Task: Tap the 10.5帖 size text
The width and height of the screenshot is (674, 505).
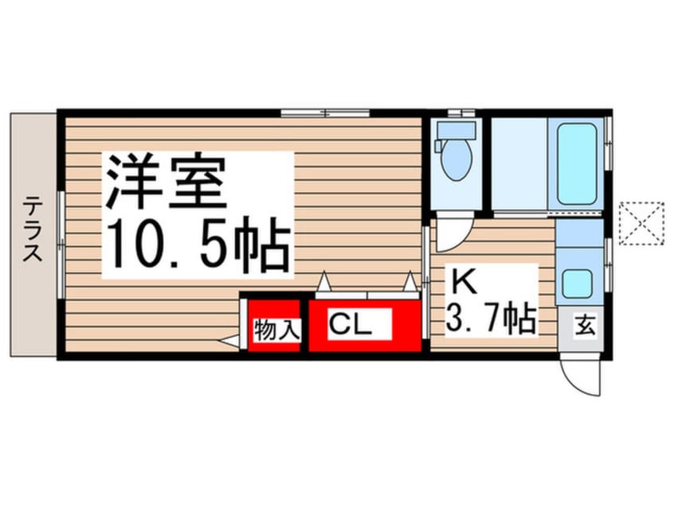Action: [195, 245]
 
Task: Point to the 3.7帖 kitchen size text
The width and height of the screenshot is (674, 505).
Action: [491, 319]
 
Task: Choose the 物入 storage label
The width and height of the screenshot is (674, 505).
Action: [276, 330]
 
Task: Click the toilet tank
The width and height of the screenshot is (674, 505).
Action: [457, 129]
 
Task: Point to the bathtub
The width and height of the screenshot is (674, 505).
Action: [577, 163]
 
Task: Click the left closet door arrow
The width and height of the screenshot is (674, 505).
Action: [323, 282]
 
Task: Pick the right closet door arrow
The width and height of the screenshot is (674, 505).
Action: [410, 282]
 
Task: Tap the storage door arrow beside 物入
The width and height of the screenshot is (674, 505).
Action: [229, 342]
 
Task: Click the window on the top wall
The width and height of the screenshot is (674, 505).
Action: [325, 113]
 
